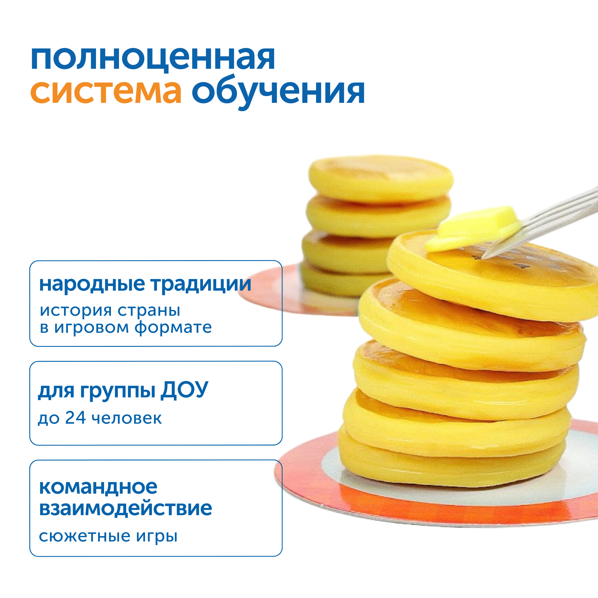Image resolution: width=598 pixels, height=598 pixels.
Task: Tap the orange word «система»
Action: [106, 91]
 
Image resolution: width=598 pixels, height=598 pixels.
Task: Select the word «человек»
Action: [126, 418]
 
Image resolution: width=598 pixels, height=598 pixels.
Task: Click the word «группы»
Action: [118, 391]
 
